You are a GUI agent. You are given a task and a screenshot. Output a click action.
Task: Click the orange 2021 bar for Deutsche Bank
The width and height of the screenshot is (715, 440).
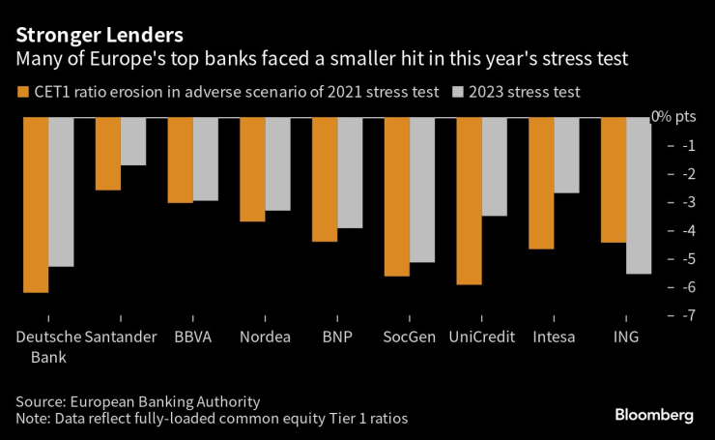tap(36, 205)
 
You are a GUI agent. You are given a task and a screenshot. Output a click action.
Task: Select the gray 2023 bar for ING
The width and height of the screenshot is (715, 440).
tap(639, 195)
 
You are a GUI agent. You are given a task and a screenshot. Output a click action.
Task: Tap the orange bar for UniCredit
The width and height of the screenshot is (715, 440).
tap(470, 201)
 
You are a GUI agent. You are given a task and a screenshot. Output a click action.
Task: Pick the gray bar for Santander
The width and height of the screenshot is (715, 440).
tap(133, 141)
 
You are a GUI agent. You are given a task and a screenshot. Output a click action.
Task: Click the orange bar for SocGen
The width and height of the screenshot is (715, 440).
tap(397, 196)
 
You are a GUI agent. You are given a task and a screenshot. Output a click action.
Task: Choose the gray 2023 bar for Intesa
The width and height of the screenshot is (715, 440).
tap(566, 156)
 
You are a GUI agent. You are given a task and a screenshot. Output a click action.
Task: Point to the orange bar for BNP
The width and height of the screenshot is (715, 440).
tap(325, 179)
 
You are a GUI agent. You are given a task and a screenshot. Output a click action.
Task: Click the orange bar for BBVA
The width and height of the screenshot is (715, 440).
tap(180, 161)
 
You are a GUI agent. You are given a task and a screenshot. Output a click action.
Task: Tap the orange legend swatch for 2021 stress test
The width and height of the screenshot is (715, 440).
tap(23, 93)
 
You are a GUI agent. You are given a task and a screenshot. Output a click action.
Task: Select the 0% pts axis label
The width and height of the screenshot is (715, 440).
tap(673, 117)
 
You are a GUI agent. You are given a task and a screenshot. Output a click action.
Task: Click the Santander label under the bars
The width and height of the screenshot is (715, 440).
tap(120, 337)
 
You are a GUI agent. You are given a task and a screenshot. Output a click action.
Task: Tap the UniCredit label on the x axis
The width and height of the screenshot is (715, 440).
tap(482, 337)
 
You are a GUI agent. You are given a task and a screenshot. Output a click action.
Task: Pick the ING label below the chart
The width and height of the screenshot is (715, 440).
tap(627, 337)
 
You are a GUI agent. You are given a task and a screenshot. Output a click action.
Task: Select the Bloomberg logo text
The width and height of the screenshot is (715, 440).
tap(654, 414)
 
